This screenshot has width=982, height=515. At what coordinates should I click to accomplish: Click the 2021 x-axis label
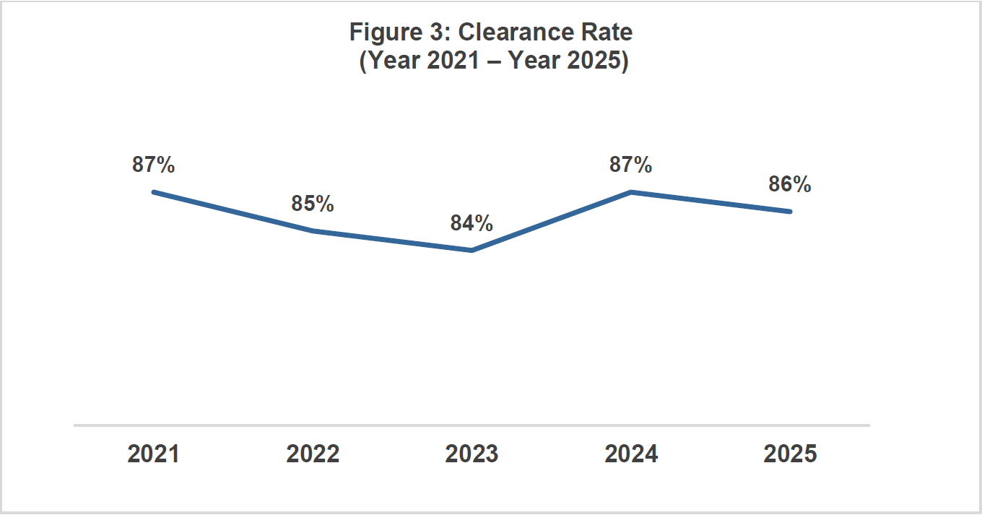(153, 454)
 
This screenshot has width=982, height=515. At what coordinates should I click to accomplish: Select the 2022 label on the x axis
(313, 454)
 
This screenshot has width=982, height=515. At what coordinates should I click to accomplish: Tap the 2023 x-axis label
(472, 454)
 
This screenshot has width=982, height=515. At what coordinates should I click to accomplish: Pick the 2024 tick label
(631, 454)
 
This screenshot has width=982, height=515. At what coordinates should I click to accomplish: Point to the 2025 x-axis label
(790, 454)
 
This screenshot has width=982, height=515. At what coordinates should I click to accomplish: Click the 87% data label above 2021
(153, 165)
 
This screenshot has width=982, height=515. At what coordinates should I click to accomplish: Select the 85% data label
(313, 204)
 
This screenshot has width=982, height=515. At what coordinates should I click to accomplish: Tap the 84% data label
(472, 223)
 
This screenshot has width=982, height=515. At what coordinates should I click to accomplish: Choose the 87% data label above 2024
(630, 165)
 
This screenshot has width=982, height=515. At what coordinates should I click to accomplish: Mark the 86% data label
(790, 184)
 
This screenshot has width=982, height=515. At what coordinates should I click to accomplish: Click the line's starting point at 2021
(154, 192)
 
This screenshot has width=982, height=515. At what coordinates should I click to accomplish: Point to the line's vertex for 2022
(313, 231)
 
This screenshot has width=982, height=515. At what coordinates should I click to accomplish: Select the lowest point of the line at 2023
(472, 251)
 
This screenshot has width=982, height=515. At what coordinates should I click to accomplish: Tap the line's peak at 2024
(631, 192)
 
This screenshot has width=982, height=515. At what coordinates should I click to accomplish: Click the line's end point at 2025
(790, 212)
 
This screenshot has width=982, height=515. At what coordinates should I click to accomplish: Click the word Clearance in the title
(518, 33)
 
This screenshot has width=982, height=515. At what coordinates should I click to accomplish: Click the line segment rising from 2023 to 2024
(551, 222)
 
